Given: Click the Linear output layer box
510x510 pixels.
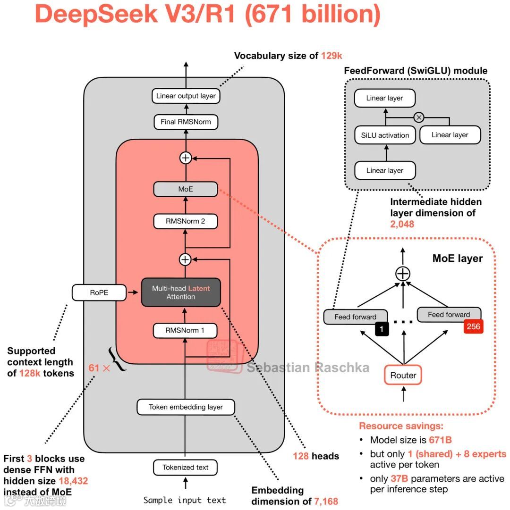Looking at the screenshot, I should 186,96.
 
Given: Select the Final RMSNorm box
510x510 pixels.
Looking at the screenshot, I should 186,122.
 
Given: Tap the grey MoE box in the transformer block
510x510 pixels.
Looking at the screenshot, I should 186,189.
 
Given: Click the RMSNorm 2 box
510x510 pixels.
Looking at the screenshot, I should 186,221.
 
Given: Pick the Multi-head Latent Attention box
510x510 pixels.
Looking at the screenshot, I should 181,293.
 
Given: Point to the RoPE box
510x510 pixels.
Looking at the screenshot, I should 99,293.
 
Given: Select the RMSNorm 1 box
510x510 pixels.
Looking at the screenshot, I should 186,330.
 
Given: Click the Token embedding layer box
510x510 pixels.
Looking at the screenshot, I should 186,407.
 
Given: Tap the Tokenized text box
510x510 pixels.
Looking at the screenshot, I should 186,467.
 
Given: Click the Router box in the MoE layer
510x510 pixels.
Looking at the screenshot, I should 403,376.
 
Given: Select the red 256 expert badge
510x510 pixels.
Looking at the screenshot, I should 473,326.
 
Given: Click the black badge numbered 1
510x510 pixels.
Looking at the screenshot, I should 382,329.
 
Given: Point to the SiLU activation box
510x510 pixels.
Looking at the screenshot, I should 385,135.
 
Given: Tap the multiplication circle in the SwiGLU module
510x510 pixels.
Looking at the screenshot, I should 418,117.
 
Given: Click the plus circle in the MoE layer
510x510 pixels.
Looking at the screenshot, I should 403,273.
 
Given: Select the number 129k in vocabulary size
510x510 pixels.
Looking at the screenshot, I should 331,56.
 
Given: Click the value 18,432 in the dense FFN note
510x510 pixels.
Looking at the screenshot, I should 73,481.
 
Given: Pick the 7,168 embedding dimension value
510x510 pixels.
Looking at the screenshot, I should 325,501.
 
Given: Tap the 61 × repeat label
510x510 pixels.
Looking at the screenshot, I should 99,368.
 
